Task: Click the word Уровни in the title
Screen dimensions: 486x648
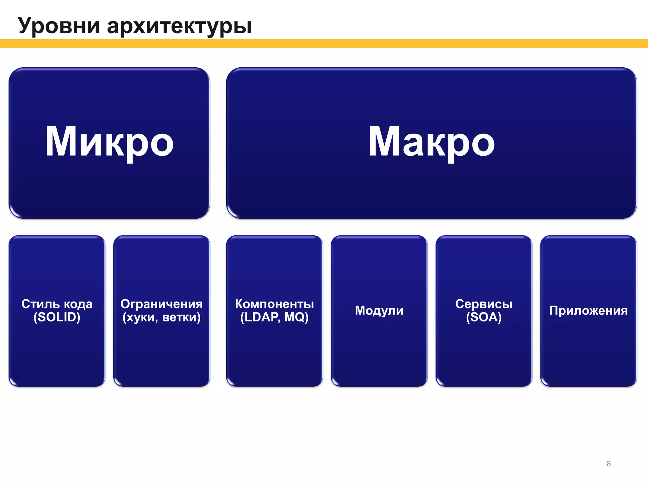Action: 59,26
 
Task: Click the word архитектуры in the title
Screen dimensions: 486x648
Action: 179,26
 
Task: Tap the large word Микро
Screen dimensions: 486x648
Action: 109,142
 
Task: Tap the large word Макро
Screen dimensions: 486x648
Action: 431,142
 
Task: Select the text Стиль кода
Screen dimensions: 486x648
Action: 57,304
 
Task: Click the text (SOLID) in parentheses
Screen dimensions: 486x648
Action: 57,317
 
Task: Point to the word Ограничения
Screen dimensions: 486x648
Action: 161,304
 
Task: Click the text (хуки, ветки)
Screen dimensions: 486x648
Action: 161,317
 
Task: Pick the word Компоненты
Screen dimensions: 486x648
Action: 274,304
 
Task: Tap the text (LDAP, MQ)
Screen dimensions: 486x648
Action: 274,317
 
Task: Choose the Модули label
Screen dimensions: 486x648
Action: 379,310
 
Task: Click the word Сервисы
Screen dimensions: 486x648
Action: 484,304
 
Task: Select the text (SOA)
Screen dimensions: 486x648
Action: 484,317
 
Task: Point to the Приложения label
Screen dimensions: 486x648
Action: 588,310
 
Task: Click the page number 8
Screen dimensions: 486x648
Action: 608,464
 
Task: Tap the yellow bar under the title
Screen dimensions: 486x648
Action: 324,44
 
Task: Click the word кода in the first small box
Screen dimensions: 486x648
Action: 78,304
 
